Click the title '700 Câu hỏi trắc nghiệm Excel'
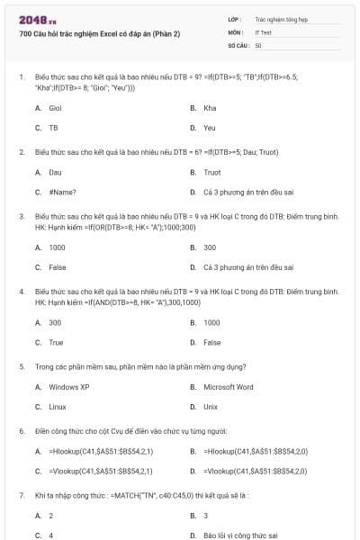pyautogui.click(x=100, y=33)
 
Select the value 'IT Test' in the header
pyautogui.click(x=264, y=31)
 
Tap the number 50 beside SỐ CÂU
pyautogui.click(x=258, y=44)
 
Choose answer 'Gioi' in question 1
pyautogui.click(x=57, y=108)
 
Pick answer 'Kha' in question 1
pyautogui.click(x=210, y=108)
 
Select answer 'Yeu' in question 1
pyautogui.click(x=210, y=128)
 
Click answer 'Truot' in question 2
pyautogui.click(x=211, y=172)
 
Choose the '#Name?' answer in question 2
pyautogui.click(x=62, y=192)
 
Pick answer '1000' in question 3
pyautogui.click(x=57, y=247)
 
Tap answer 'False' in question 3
pyautogui.click(x=57, y=267)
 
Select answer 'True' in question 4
pyautogui.click(x=56, y=342)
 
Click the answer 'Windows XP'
pyautogui.click(x=68, y=387)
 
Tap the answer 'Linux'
pyautogui.click(x=58, y=407)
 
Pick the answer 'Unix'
pyautogui.click(x=211, y=407)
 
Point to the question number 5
pyautogui.click(x=21, y=366)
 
